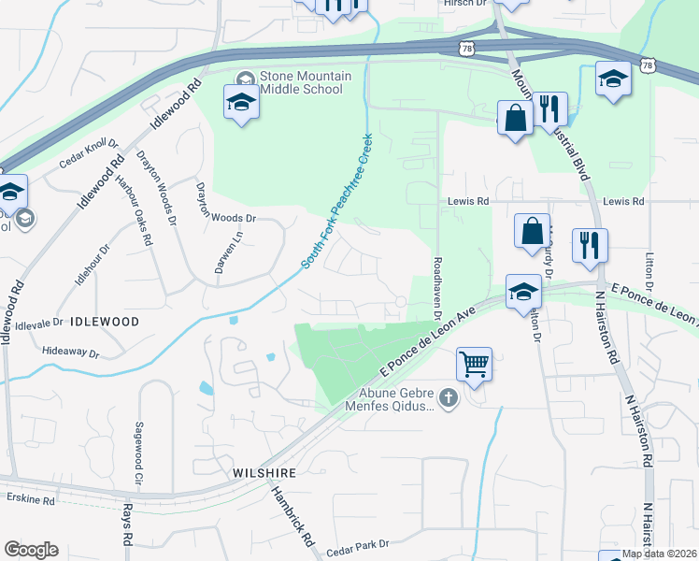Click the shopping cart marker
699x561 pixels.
(475, 363)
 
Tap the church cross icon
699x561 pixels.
(448, 399)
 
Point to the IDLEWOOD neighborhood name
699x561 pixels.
(104, 321)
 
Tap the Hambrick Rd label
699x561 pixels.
(286, 513)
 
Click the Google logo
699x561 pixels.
(31, 550)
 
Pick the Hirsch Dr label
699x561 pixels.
(465, 4)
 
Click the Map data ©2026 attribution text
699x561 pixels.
(660, 554)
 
